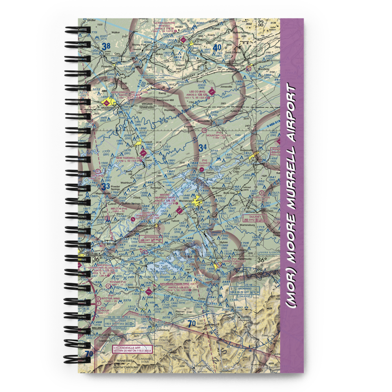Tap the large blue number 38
(x=106, y=47)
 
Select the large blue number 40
(x=218, y=48)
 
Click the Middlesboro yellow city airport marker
(x=105, y=103)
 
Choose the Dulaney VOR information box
(x=252, y=218)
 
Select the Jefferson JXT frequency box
(x=151, y=238)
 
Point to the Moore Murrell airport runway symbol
(x=179, y=211)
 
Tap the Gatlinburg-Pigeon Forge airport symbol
(x=148, y=292)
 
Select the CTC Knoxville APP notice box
(x=131, y=349)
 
